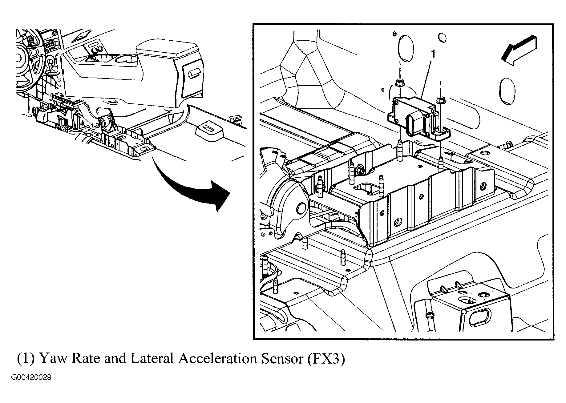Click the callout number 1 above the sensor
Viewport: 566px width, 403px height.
[433, 54]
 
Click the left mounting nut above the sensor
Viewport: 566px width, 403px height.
[399, 83]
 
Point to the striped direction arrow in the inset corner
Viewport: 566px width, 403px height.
[519, 50]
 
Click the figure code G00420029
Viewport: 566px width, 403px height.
[32, 377]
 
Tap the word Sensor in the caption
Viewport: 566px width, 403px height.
[282, 359]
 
